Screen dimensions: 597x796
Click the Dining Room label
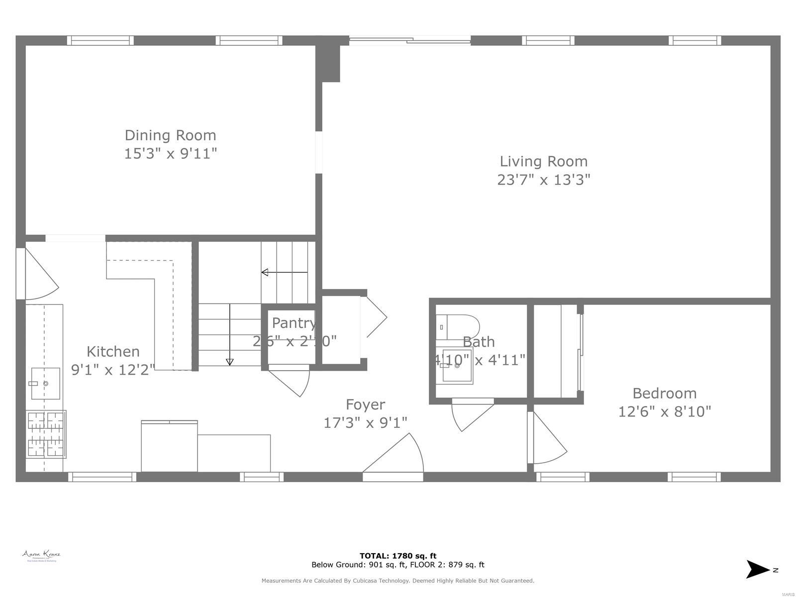coord(170,135)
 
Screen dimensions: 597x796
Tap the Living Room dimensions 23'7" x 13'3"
coord(543,180)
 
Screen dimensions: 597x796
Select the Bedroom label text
coord(664,394)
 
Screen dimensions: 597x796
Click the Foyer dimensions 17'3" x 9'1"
coord(365,423)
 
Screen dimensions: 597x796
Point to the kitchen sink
coord(45,384)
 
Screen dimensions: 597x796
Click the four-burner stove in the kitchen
coord(46,434)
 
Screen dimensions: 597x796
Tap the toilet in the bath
coord(458,326)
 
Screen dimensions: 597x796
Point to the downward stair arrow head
coord(229,362)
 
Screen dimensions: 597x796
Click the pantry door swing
coord(294,381)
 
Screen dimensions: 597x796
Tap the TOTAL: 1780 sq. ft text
coord(398,556)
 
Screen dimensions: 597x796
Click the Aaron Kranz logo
coord(41,556)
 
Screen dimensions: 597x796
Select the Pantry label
coord(294,323)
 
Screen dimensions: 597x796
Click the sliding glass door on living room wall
coord(409,41)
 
